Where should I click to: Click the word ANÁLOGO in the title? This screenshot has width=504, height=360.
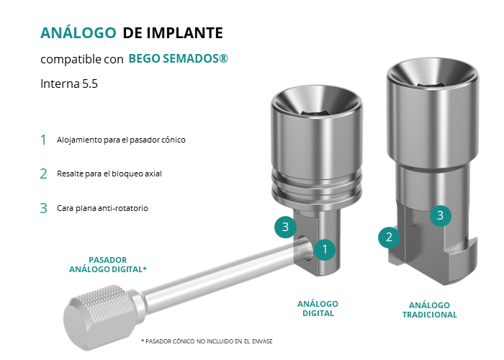coord(78,32)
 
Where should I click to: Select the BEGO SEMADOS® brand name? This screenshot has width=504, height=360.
coord(178,58)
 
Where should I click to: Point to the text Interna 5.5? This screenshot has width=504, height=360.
coord(69,84)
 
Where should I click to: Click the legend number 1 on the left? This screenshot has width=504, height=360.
coord(43,140)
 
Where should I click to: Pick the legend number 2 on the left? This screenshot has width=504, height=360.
coord(43,174)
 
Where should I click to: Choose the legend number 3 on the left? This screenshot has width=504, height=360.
coord(43,208)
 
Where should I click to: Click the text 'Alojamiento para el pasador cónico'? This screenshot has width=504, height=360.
coord(121,140)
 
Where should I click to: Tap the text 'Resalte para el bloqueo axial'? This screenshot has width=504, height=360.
coord(109,174)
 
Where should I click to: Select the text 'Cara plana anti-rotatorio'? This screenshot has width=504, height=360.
coord(102,208)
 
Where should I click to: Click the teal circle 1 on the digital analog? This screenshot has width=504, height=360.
coord(325,249)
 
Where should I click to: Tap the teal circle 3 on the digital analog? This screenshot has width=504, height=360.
coord(285,228)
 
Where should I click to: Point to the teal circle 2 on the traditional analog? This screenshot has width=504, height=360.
coord(389,238)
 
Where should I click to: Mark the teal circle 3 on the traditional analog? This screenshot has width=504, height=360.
coord(441,215)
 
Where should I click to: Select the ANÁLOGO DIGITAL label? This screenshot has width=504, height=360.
coord(318,309)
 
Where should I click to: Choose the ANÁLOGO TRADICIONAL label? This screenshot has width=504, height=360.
coord(429,310)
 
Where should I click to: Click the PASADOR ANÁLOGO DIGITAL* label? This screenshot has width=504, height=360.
coord(108,264)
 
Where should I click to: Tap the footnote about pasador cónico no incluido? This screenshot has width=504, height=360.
coord(207,341)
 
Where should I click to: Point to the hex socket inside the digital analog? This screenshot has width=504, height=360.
coord(317,112)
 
